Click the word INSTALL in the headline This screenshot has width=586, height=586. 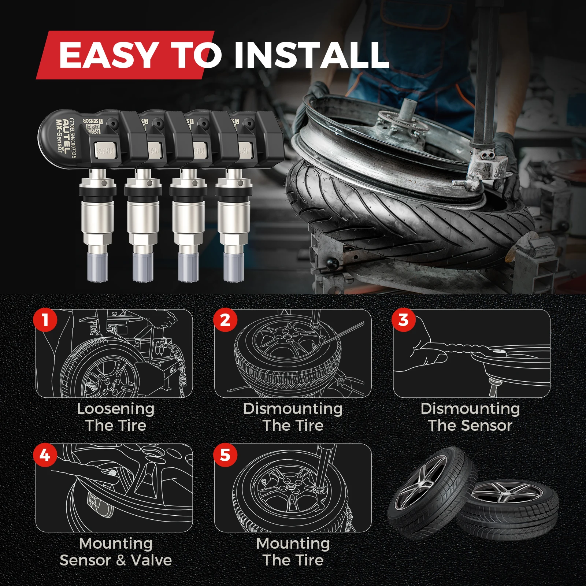coord(311,55)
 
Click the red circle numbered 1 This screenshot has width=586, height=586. coord(45,320)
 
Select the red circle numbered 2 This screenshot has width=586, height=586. coord(225,320)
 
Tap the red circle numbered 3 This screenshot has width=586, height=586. coord(403,320)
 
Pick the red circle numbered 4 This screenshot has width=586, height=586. coord(45,455)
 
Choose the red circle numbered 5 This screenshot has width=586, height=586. coord(225,455)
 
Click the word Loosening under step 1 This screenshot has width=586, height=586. coord(116,409)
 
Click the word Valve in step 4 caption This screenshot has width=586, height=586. coord(152,560)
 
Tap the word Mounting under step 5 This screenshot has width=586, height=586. coord(293,544)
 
